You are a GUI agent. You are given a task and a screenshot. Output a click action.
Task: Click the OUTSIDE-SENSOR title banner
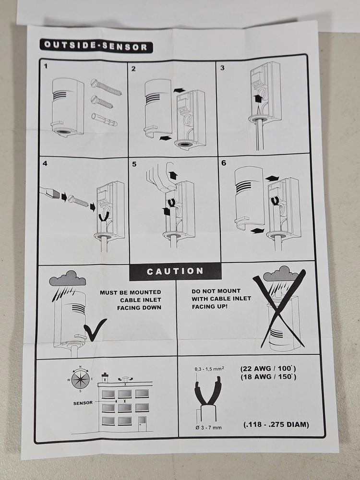[96, 46]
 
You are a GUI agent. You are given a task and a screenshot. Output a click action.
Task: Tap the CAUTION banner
[175, 271]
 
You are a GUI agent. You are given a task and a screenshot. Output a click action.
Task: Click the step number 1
[46, 66]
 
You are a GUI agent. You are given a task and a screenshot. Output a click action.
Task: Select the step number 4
[45, 164]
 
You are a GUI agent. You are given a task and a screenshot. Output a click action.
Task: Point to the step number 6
[224, 163]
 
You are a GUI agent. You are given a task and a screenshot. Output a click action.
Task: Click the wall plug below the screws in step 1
[104, 120]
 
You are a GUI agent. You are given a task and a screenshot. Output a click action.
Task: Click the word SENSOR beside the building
[83, 403]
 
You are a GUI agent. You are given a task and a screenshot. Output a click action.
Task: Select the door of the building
[142, 424]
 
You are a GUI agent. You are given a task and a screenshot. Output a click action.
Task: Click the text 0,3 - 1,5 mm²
[209, 369]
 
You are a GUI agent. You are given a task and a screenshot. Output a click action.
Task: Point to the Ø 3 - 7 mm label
[208, 427]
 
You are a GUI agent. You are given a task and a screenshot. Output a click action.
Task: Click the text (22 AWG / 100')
[268, 368]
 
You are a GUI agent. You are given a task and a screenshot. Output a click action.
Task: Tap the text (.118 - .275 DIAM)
[276, 425]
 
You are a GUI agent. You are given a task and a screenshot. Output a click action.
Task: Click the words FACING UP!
[210, 306]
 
